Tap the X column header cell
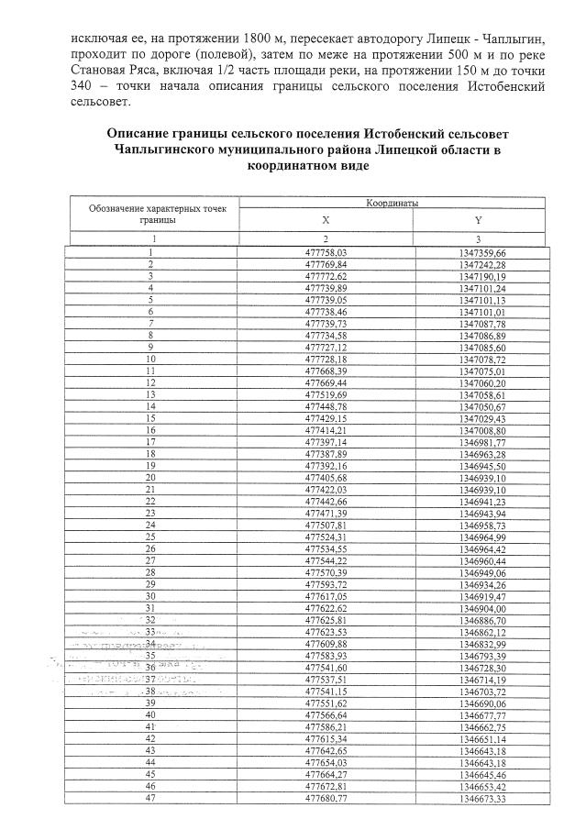[326, 220]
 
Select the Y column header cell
[478, 220]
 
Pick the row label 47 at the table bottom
[150, 797]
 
